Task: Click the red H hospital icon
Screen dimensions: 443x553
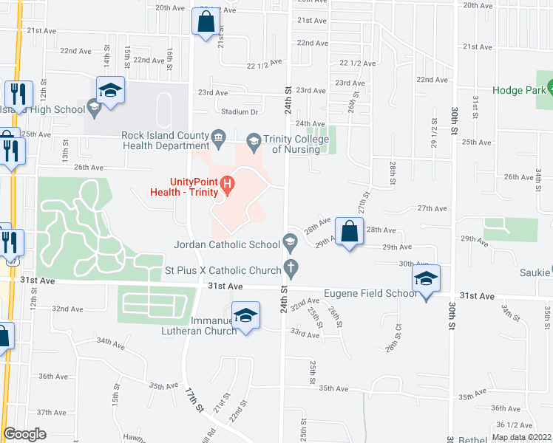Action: point(228,183)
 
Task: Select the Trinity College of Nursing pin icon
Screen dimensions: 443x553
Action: point(253,140)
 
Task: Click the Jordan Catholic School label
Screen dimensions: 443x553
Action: point(225,242)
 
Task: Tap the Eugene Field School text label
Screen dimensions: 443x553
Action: point(370,293)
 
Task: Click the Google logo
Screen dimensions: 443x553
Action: point(24,434)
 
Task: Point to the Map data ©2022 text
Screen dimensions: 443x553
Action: point(522,437)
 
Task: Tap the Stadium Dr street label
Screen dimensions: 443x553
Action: point(240,112)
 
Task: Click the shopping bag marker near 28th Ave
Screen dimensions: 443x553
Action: point(349,230)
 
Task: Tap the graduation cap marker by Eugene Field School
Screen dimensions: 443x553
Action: point(426,279)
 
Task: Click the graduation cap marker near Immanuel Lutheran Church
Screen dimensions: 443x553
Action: point(245,316)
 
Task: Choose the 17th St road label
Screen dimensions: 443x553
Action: point(194,402)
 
